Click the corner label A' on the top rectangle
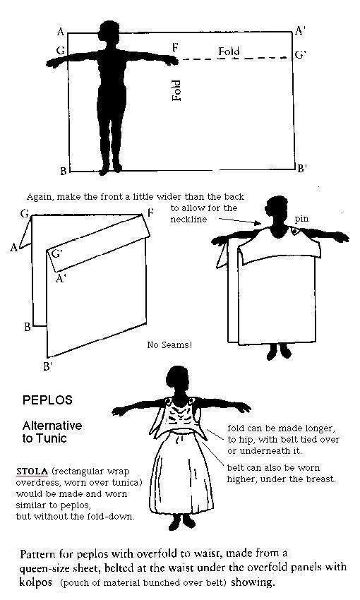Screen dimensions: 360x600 300,30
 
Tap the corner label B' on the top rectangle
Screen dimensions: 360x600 301,167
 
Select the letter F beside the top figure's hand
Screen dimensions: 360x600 175,47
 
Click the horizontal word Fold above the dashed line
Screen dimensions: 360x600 229,52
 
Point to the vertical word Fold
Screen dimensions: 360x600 176,90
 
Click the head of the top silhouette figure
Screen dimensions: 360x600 110,30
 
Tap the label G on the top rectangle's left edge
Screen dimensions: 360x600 61,51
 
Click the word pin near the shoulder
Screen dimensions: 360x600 301,220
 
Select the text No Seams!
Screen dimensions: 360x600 169,344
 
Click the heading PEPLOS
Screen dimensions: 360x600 47,400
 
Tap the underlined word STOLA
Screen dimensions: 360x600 32,471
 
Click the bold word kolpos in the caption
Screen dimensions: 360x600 36,582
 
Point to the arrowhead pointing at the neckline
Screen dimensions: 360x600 258,222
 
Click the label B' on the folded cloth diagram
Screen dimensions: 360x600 47,366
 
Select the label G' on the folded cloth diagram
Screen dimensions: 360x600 57,253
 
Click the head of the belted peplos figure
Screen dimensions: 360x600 179,376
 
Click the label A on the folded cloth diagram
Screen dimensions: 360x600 14,248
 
